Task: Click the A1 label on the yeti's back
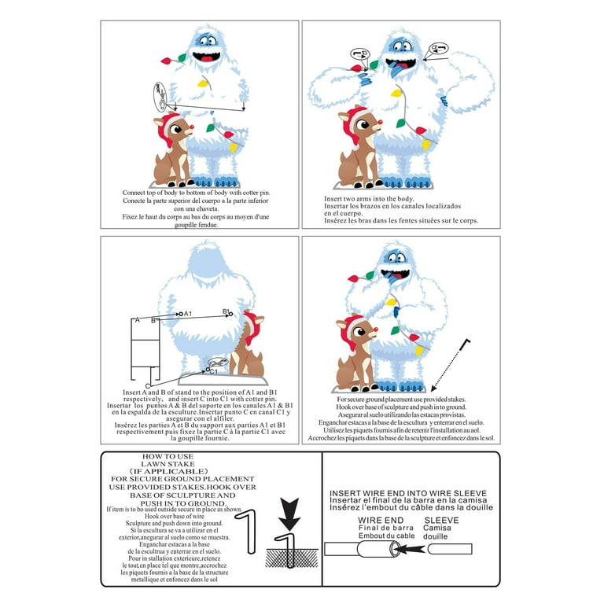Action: click(188, 314)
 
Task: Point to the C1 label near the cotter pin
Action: click(213, 370)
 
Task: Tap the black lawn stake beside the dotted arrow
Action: click(461, 344)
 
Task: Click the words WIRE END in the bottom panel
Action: click(381, 521)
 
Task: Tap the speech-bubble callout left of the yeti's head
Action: click(358, 54)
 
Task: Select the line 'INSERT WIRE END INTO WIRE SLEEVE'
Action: click(409, 493)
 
